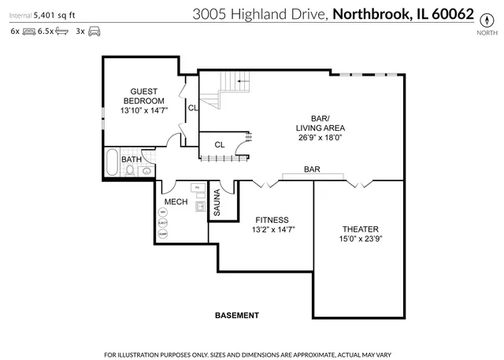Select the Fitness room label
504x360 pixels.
272,220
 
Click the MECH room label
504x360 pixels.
176,202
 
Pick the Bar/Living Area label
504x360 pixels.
321,123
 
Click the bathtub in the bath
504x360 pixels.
112,163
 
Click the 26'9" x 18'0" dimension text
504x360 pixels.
321,138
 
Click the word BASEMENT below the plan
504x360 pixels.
236,316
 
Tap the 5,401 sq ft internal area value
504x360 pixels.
54,13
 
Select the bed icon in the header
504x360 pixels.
29,32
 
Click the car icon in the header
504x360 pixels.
94,32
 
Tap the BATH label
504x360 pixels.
132,160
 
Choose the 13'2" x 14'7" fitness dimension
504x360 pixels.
272,230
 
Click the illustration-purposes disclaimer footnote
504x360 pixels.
252,351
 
